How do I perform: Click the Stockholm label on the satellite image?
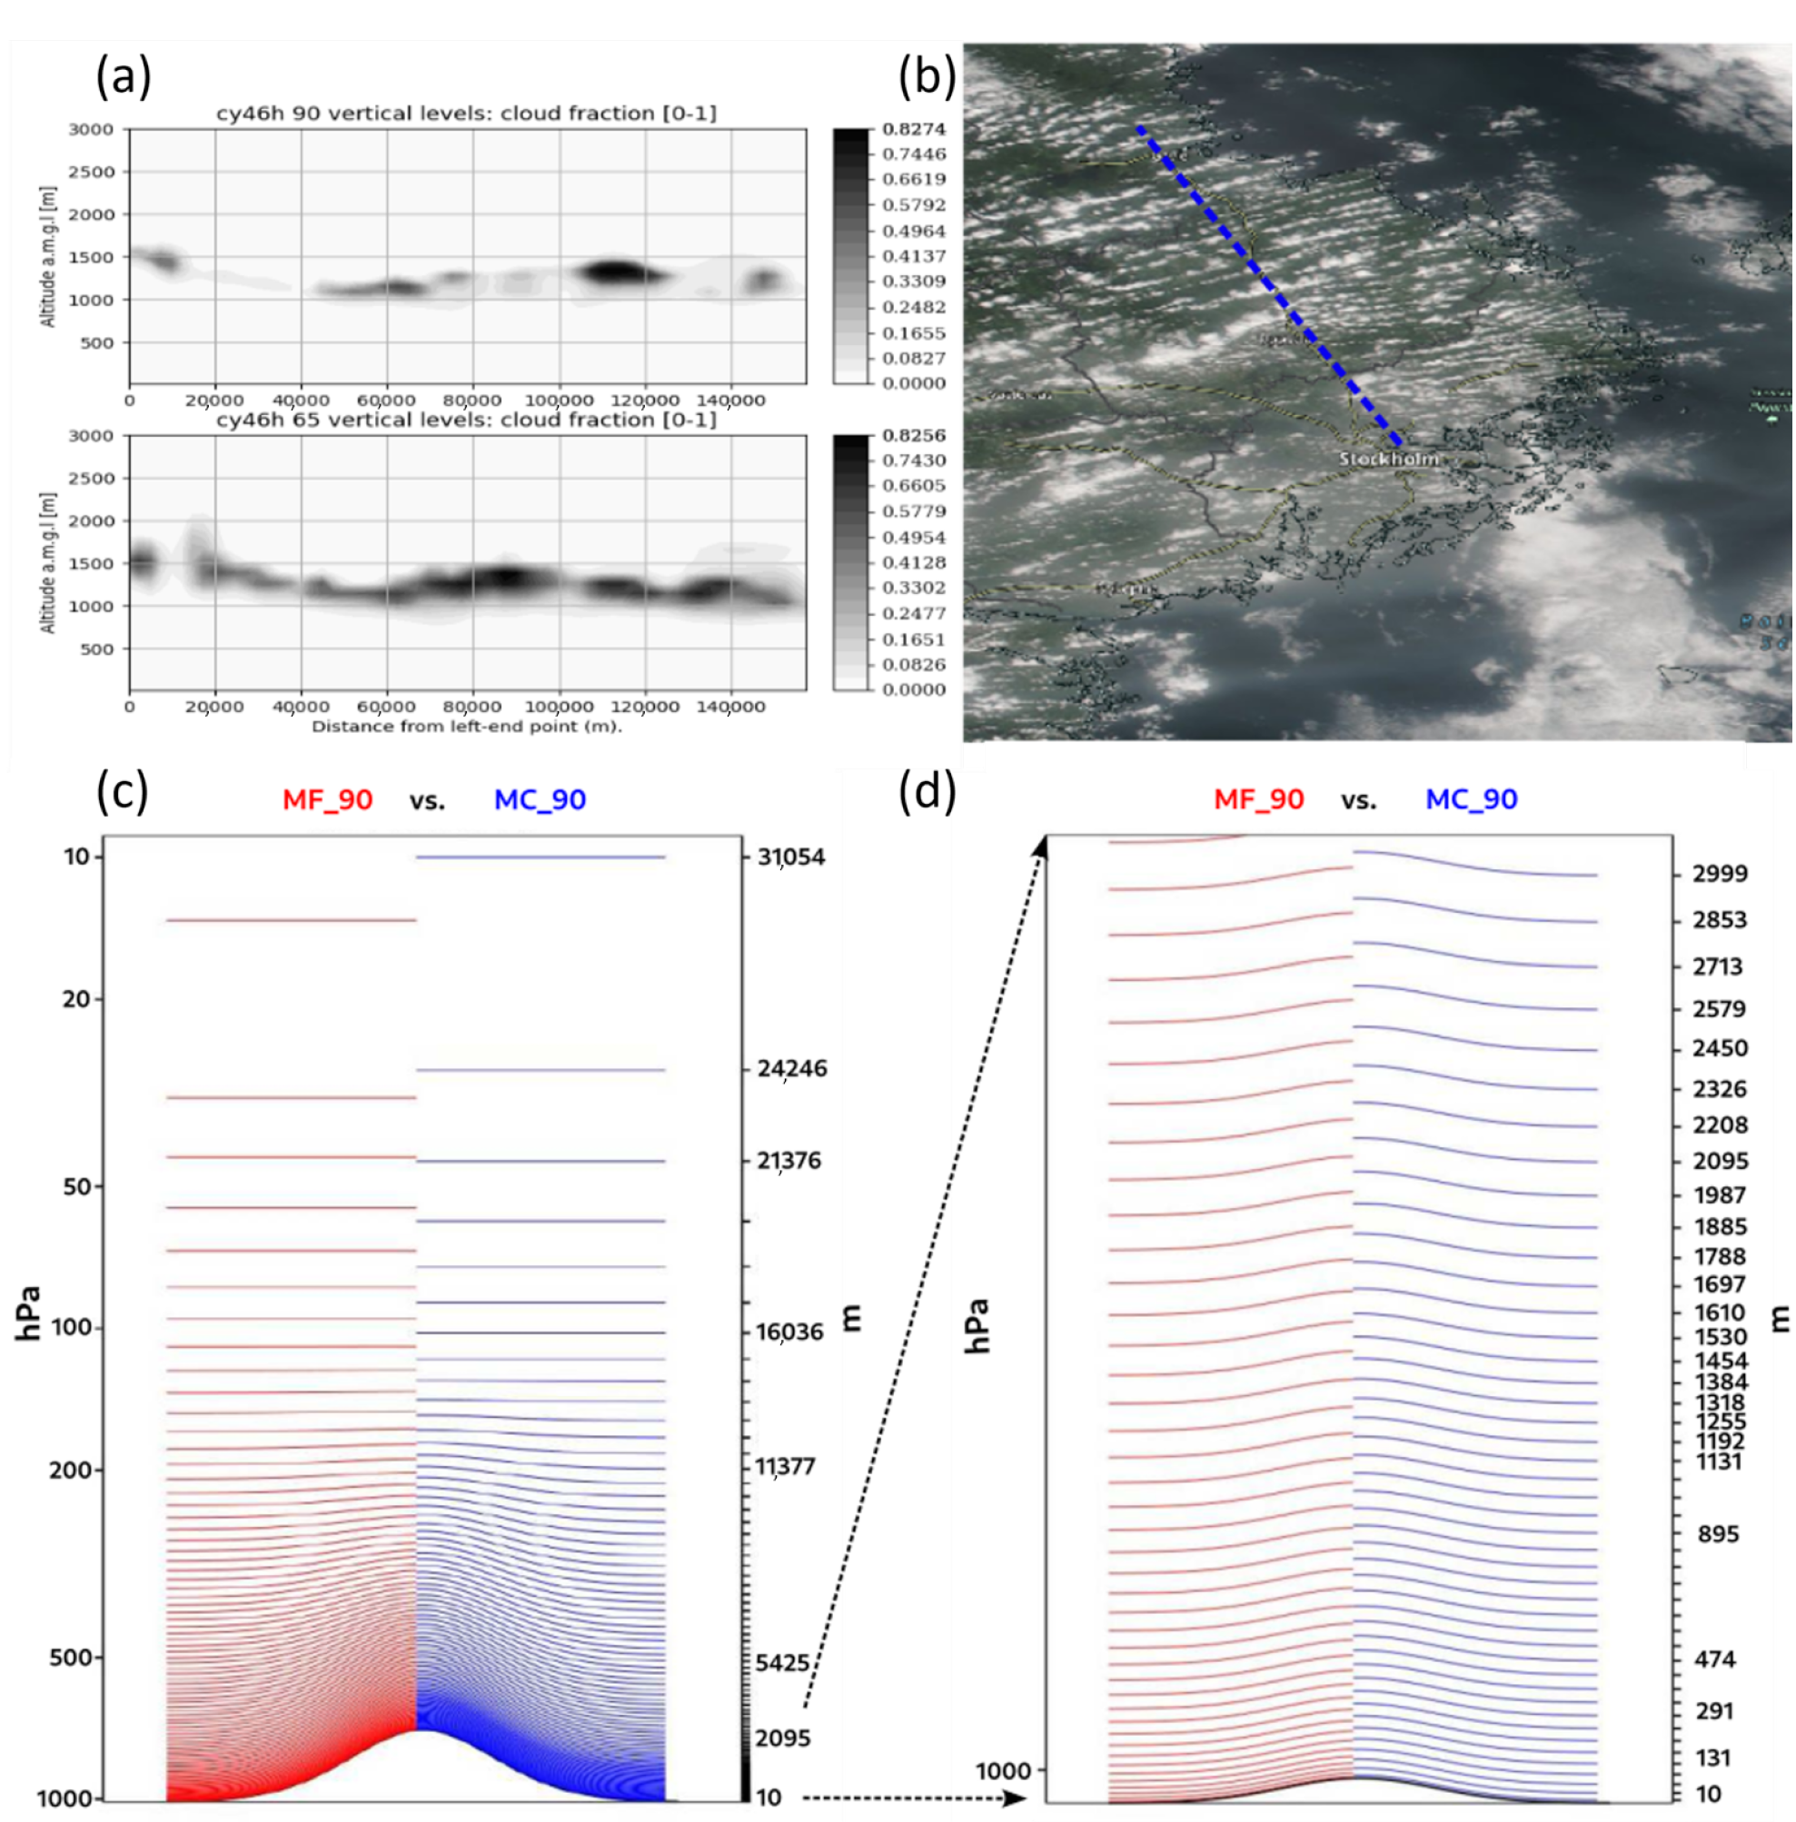point(1388,460)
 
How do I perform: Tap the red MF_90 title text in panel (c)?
point(327,799)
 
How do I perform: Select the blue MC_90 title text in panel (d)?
point(1471,799)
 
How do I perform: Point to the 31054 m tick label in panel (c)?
point(790,857)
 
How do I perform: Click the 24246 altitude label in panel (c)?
point(791,1068)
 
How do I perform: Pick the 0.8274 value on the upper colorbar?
point(913,129)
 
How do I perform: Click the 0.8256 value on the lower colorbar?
point(913,436)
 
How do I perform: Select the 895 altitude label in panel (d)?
point(1718,1534)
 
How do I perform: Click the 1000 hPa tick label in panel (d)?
point(1003,1771)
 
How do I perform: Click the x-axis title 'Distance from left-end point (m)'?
point(466,726)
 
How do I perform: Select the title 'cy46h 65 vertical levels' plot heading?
point(466,420)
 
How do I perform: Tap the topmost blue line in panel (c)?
point(541,857)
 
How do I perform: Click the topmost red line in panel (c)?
point(291,919)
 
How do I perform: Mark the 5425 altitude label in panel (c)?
point(782,1663)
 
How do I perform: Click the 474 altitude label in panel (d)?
point(1714,1659)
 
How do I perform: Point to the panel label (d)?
point(927,790)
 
